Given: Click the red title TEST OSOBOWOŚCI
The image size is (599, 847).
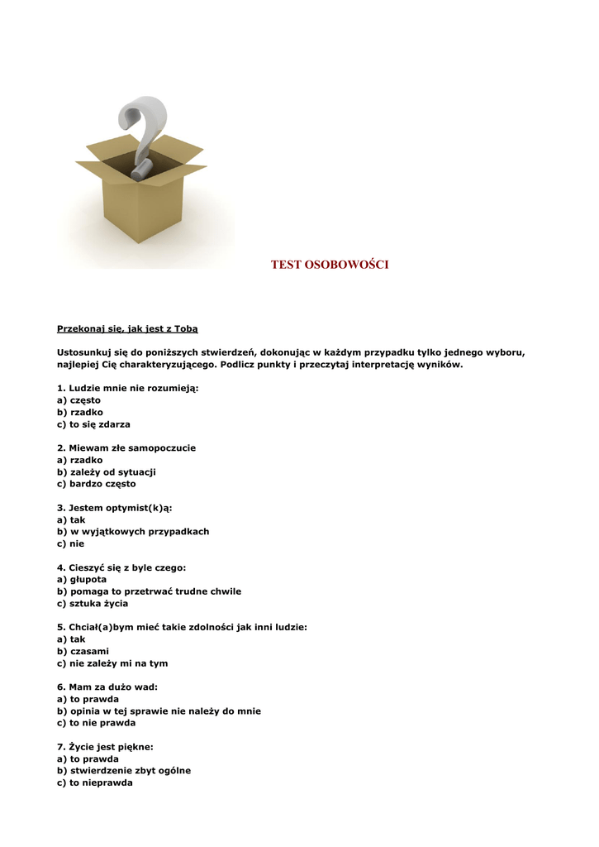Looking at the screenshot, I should [330, 265].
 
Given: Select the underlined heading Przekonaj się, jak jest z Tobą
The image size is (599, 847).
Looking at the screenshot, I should [127, 328].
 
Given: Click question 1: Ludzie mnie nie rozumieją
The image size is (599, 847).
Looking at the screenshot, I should [127, 388].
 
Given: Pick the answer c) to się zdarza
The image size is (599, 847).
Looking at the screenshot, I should [93, 424].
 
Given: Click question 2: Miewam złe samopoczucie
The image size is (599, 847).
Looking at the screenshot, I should [126, 448].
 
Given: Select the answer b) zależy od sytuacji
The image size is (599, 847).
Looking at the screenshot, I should [106, 472].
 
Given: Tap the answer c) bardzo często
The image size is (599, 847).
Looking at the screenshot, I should [96, 484].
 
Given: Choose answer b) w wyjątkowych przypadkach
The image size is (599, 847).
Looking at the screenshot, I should [132, 532].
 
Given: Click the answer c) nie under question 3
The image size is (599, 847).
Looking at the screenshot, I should [70, 544].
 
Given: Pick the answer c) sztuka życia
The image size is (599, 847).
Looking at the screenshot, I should [93, 604].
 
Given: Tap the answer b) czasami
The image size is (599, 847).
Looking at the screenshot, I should [83, 652].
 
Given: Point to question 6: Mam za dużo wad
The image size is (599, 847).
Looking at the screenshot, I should [107, 687].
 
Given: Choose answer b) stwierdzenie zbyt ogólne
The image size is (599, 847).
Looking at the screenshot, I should [123, 771].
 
